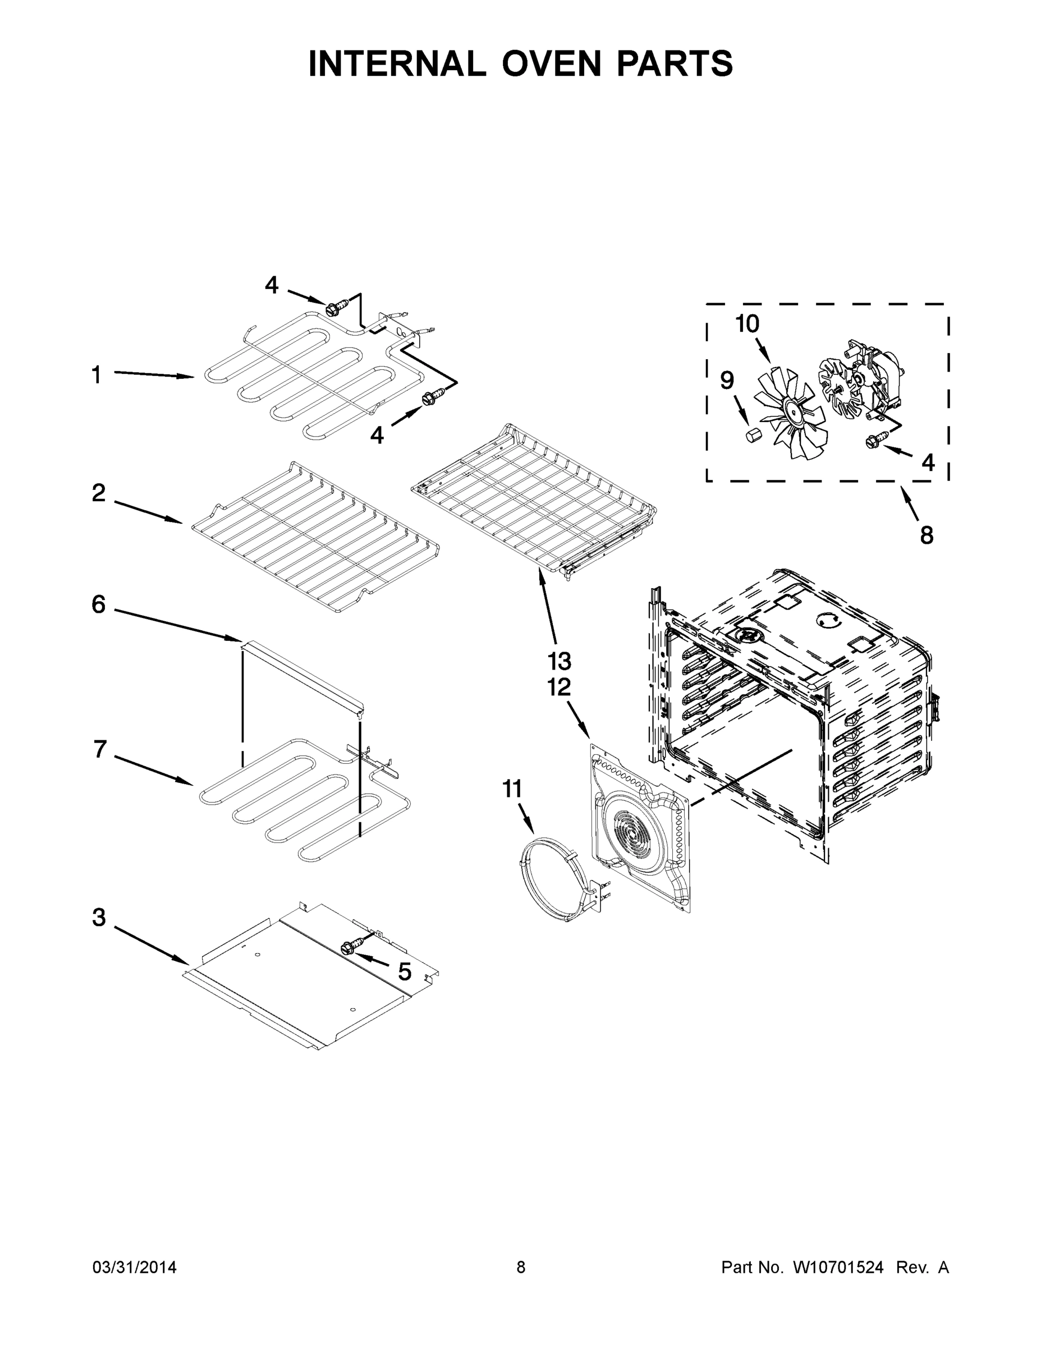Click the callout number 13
560,661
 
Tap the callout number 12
560,687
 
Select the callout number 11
512,789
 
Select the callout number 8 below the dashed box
927,535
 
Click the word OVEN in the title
551,63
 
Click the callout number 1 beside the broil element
96,374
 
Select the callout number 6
99,604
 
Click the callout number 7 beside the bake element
100,749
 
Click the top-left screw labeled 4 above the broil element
334,306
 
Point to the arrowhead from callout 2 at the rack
178,522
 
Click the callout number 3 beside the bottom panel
99,918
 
